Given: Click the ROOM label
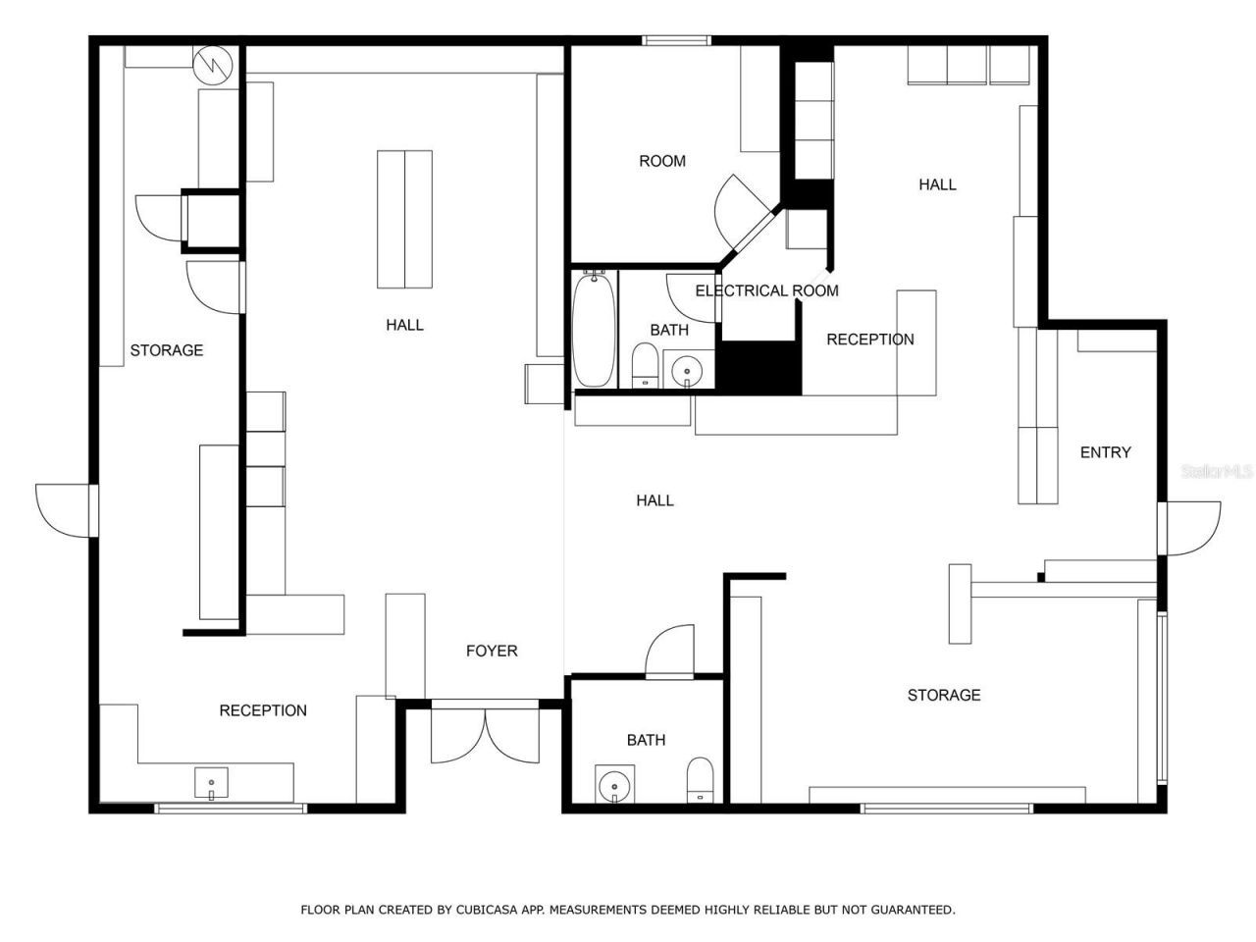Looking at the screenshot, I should tap(662, 161).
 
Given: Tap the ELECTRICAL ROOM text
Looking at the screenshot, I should tap(766, 290).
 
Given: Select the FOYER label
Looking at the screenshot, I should tap(491, 651).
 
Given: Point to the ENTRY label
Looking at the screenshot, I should tap(1105, 452).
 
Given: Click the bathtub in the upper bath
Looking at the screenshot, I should tap(594, 329).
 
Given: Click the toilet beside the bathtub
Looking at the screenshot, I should tap(645, 365).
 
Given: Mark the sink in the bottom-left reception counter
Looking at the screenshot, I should tap(211, 784).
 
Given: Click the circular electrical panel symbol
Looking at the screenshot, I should tap(212, 64).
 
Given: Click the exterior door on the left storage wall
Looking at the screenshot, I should tap(66, 510).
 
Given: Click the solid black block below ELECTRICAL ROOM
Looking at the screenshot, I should tap(760, 368).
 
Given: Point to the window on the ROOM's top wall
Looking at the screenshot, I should tap(675, 40).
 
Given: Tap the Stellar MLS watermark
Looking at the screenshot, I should tap(1216, 472).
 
